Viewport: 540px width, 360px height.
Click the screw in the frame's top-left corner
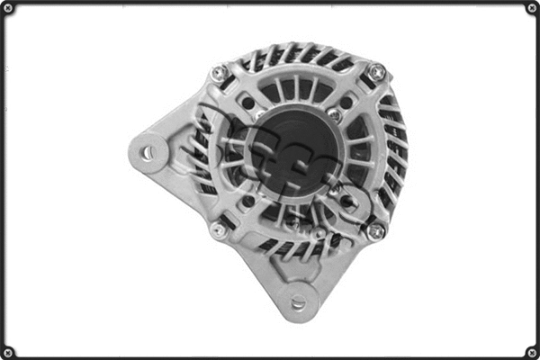[8, 9]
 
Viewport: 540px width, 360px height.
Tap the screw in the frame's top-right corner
[532, 9]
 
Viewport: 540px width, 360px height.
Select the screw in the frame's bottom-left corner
[8, 351]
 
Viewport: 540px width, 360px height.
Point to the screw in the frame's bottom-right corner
[532, 351]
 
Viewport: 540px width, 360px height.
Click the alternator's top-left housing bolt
[219, 75]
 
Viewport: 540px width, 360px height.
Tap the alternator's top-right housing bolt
[377, 72]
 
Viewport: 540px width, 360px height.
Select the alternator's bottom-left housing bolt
[219, 231]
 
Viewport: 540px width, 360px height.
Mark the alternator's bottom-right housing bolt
[376, 231]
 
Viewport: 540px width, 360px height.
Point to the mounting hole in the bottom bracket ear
[298, 302]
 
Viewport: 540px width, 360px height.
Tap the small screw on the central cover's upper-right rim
[335, 115]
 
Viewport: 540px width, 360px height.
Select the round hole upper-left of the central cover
[248, 103]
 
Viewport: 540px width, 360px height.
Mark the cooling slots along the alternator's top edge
[297, 56]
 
